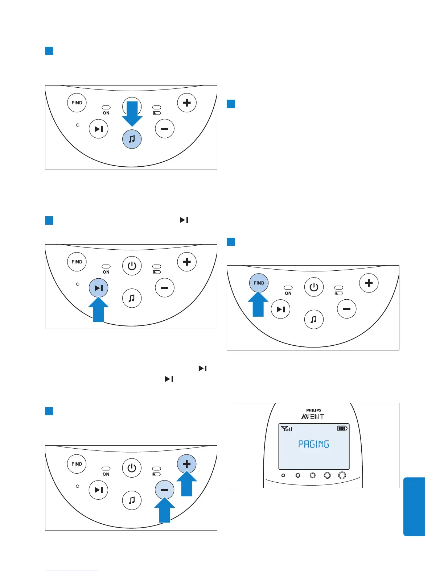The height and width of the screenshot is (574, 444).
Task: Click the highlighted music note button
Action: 132,139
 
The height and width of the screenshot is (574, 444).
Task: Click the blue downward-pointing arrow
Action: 132,115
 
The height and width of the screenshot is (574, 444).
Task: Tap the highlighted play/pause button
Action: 98,288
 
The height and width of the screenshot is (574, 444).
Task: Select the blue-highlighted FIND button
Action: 259,283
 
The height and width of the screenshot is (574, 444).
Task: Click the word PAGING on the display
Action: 313,444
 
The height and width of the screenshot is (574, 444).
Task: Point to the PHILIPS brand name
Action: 313,410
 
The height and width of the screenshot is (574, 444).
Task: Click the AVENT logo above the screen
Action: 313,417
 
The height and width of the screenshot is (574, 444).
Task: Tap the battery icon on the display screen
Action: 342,428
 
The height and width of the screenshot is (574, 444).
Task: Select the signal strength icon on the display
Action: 287,429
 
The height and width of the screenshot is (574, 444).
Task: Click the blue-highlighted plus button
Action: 186,464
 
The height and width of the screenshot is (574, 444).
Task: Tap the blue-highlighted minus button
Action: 164,490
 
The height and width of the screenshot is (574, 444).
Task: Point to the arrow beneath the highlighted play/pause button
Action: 98,311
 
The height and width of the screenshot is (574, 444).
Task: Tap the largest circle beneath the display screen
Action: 342,475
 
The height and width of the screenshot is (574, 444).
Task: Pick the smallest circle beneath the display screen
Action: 283,475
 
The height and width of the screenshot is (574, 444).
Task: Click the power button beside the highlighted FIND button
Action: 313,287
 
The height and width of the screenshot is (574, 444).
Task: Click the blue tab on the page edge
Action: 414,506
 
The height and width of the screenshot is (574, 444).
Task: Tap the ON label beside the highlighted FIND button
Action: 288,293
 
